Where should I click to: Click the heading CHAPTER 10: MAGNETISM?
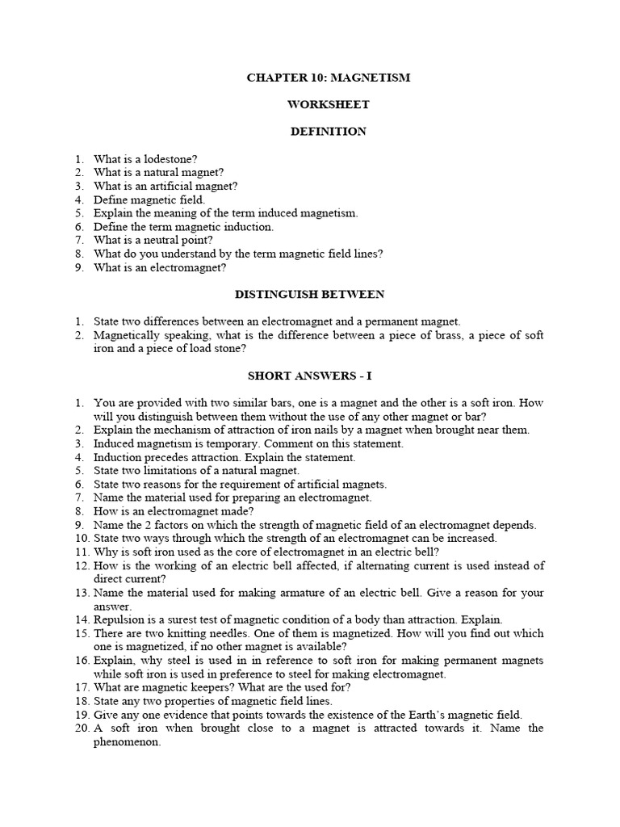tap(328, 78)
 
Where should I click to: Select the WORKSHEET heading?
tap(328, 105)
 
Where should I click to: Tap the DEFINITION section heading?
tap(328, 132)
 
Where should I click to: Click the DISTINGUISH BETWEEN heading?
tap(327, 294)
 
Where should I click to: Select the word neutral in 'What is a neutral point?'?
tap(157, 240)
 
